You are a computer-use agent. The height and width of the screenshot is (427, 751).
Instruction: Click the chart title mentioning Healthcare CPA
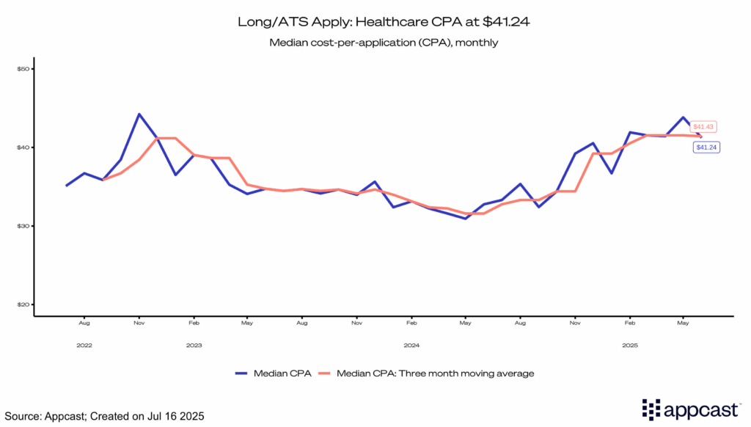click(384, 22)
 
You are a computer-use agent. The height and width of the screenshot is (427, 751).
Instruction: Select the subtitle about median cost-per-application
click(384, 43)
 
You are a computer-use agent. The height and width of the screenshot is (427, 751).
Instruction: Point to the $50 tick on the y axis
click(23, 69)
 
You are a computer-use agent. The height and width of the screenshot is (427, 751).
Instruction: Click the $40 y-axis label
click(23, 147)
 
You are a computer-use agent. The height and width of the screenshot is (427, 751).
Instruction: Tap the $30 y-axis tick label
click(23, 226)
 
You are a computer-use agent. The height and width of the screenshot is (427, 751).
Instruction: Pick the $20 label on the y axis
click(23, 304)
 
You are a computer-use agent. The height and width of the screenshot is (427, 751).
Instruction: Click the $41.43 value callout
click(703, 127)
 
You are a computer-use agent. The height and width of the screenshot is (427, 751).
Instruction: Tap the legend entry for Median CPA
click(274, 373)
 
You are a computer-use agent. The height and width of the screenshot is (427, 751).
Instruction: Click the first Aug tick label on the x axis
click(84, 322)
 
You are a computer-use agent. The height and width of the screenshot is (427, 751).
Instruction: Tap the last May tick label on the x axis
click(683, 322)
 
